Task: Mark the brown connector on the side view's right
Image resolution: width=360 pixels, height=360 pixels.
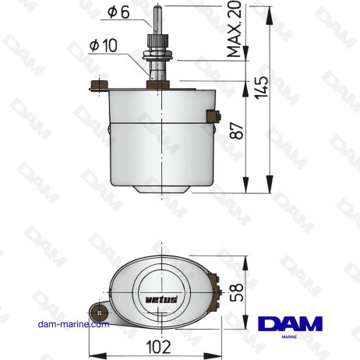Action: click(x=210, y=118)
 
